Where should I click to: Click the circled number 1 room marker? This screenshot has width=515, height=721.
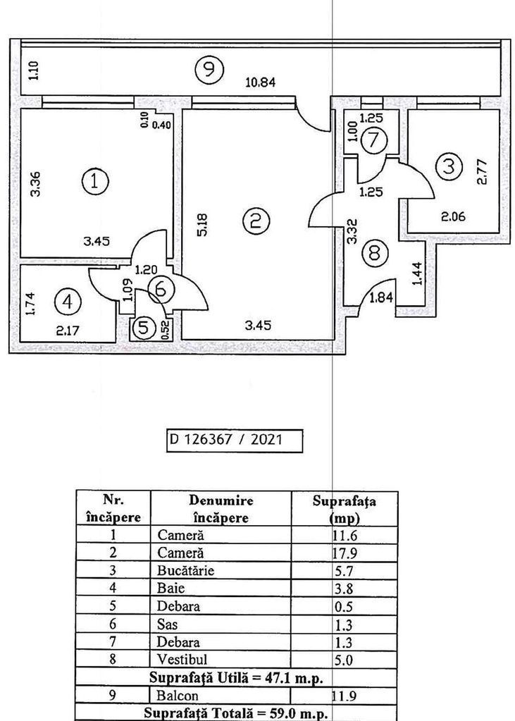click(95, 182)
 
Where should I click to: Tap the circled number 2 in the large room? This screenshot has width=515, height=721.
click(255, 221)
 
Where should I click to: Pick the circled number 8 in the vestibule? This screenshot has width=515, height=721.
click(375, 252)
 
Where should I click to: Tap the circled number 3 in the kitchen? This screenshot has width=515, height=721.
click(448, 167)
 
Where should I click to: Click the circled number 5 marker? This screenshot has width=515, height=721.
click(144, 328)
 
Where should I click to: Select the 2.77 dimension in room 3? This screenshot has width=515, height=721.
click(483, 171)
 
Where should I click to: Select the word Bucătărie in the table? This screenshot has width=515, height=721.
click(185, 569)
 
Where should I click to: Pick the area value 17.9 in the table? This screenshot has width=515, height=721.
click(345, 553)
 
